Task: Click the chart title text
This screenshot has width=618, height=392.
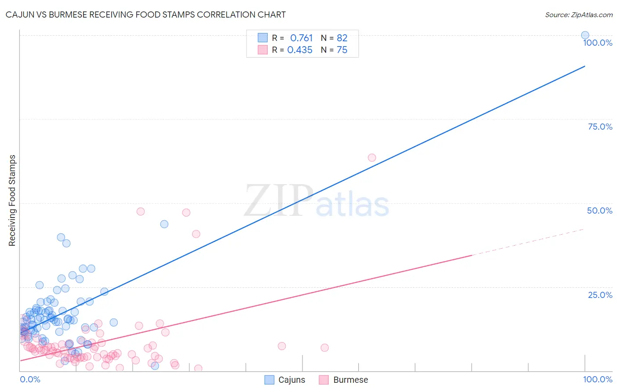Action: (x=145, y=15)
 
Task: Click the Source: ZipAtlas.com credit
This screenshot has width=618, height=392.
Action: (x=578, y=15)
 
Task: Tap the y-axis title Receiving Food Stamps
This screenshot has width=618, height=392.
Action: (x=12, y=200)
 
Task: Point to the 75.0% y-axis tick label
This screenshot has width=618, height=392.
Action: (x=600, y=127)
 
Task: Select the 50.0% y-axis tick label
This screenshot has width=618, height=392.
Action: (x=600, y=211)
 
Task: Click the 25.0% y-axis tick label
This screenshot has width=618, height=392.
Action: (x=600, y=295)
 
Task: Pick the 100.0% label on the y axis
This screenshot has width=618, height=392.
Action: (x=597, y=43)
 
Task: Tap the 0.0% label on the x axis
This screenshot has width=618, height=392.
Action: (x=30, y=379)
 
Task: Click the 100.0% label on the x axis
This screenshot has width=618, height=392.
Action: (x=597, y=379)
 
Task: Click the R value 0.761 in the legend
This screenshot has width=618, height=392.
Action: (x=301, y=38)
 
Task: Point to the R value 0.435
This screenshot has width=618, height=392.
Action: (x=300, y=50)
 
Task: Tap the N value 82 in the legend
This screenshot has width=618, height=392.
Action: (x=342, y=38)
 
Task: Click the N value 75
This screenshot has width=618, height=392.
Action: (x=342, y=50)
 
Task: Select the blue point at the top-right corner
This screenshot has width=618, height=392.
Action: (x=585, y=35)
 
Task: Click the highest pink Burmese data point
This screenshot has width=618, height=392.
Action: (x=372, y=157)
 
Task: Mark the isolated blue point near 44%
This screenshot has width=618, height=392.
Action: (x=164, y=224)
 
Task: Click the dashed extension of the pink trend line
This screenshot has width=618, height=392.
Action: (x=527, y=242)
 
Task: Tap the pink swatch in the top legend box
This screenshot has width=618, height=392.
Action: (x=262, y=50)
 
